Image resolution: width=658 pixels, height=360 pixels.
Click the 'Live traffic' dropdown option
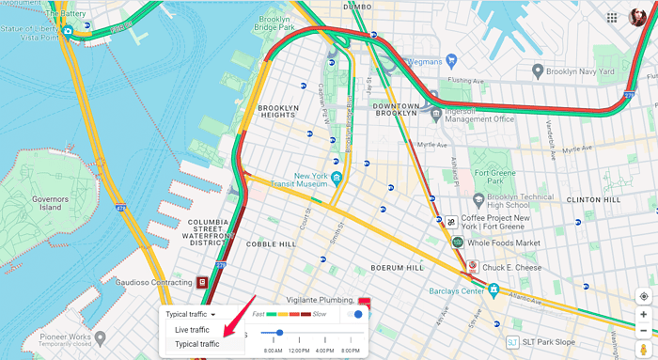[192, 330]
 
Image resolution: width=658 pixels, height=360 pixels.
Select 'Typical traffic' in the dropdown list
[197, 344]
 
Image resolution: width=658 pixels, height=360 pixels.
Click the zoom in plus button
[643, 315]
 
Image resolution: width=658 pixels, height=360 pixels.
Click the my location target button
[643, 296]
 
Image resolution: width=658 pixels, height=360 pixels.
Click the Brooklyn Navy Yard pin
[538, 70]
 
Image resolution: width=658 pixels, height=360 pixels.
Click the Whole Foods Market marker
[458, 243]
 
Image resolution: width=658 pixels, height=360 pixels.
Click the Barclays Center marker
[492, 290]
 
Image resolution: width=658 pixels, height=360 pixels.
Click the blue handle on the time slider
[279, 333]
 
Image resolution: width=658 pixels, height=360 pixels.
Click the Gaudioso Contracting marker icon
[202, 283]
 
